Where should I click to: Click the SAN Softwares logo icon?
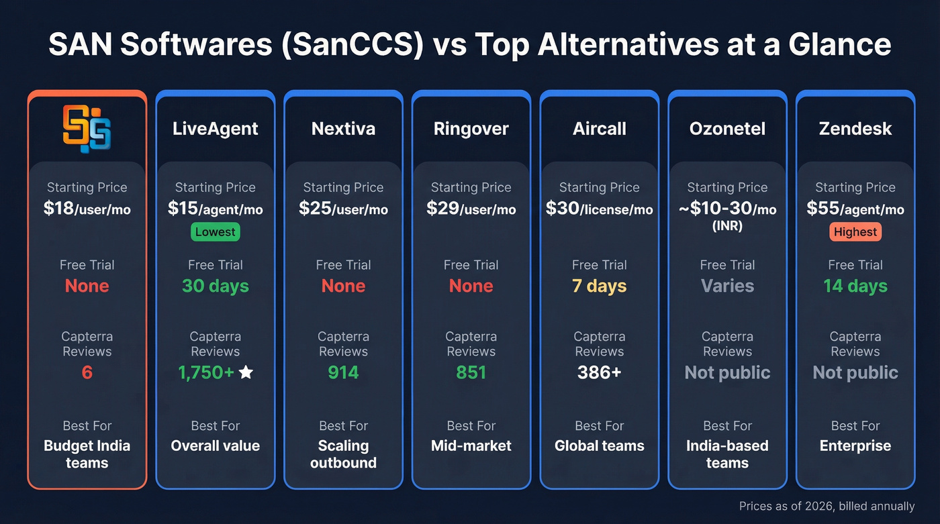point(87,127)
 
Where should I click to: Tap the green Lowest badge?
point(216,232)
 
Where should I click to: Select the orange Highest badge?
point(855,232)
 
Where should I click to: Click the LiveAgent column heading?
point(216,129)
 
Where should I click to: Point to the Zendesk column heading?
point(855,129)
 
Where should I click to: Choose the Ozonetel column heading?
point(727,129)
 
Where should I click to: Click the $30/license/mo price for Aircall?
point(599,209)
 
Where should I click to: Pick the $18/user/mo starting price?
point(87,209)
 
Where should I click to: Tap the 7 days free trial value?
point(599,286)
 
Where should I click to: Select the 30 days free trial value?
point(216,286)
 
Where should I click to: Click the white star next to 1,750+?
point(246,372)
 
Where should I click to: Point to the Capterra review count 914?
point(343,372)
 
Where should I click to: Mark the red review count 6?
point(87,372)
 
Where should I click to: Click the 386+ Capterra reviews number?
point(599,372)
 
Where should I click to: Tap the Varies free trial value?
point(727,286)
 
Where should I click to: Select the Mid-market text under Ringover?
point(471,446)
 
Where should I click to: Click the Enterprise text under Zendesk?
point(855,446)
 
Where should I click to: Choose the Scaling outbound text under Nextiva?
point(343,454)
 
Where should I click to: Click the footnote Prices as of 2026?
point(826,507)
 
